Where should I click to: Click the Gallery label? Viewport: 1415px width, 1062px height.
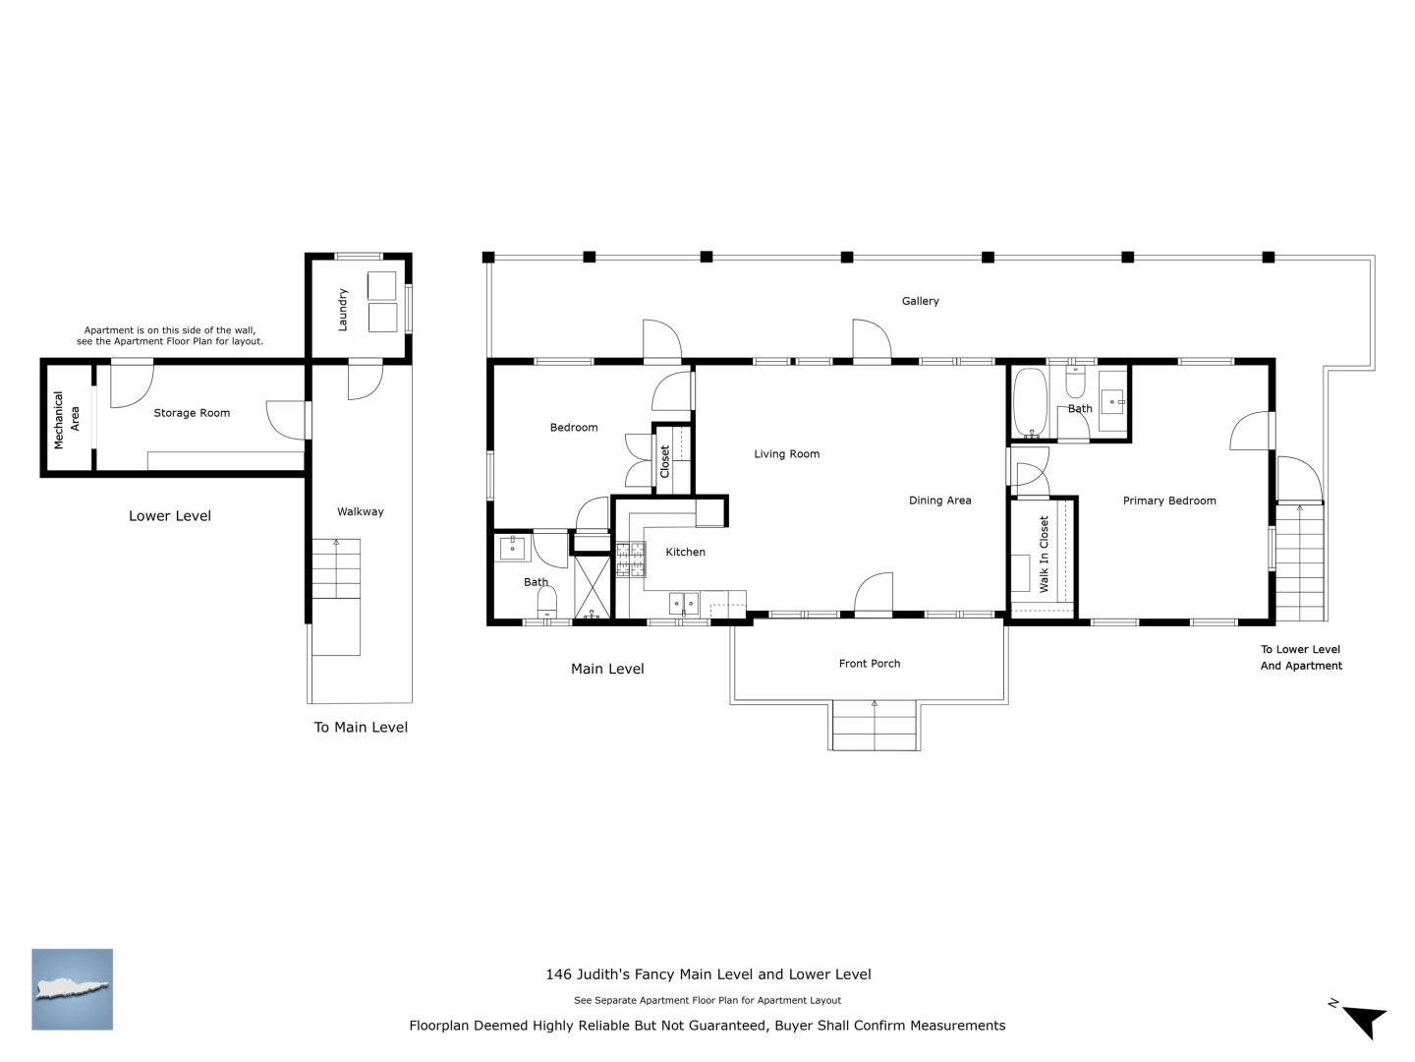(920, 301)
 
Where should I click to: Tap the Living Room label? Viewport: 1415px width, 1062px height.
(786, 454)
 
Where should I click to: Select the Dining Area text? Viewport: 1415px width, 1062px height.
(939, 501)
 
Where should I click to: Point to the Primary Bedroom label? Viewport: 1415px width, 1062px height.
(1168, 501)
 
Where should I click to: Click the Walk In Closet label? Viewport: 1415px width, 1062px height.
(1044, 554)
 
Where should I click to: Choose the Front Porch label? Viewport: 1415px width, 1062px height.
(869, 664)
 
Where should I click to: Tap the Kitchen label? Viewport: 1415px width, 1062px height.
(685, 552)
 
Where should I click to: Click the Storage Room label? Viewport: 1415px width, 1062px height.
(192, 413)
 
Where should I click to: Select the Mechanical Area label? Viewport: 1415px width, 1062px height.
(67, 419)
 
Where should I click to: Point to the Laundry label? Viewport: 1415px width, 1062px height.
(342, 310)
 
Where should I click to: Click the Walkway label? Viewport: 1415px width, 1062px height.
(361, 512)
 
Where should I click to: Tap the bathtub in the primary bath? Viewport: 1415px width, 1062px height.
(1030, 403)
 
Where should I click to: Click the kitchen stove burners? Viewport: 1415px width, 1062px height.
(631, 560)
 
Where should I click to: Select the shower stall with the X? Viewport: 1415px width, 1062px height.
(592, 587)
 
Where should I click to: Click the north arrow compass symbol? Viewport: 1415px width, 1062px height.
(1364, 1021)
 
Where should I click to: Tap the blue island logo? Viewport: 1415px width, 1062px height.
(72, 989)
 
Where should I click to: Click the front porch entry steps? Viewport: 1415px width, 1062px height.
(875, 725)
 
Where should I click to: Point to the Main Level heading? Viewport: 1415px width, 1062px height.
(607, 669)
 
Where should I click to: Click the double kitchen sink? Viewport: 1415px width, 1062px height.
(683, 604)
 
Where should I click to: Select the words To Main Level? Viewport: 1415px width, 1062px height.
(361, 728)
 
